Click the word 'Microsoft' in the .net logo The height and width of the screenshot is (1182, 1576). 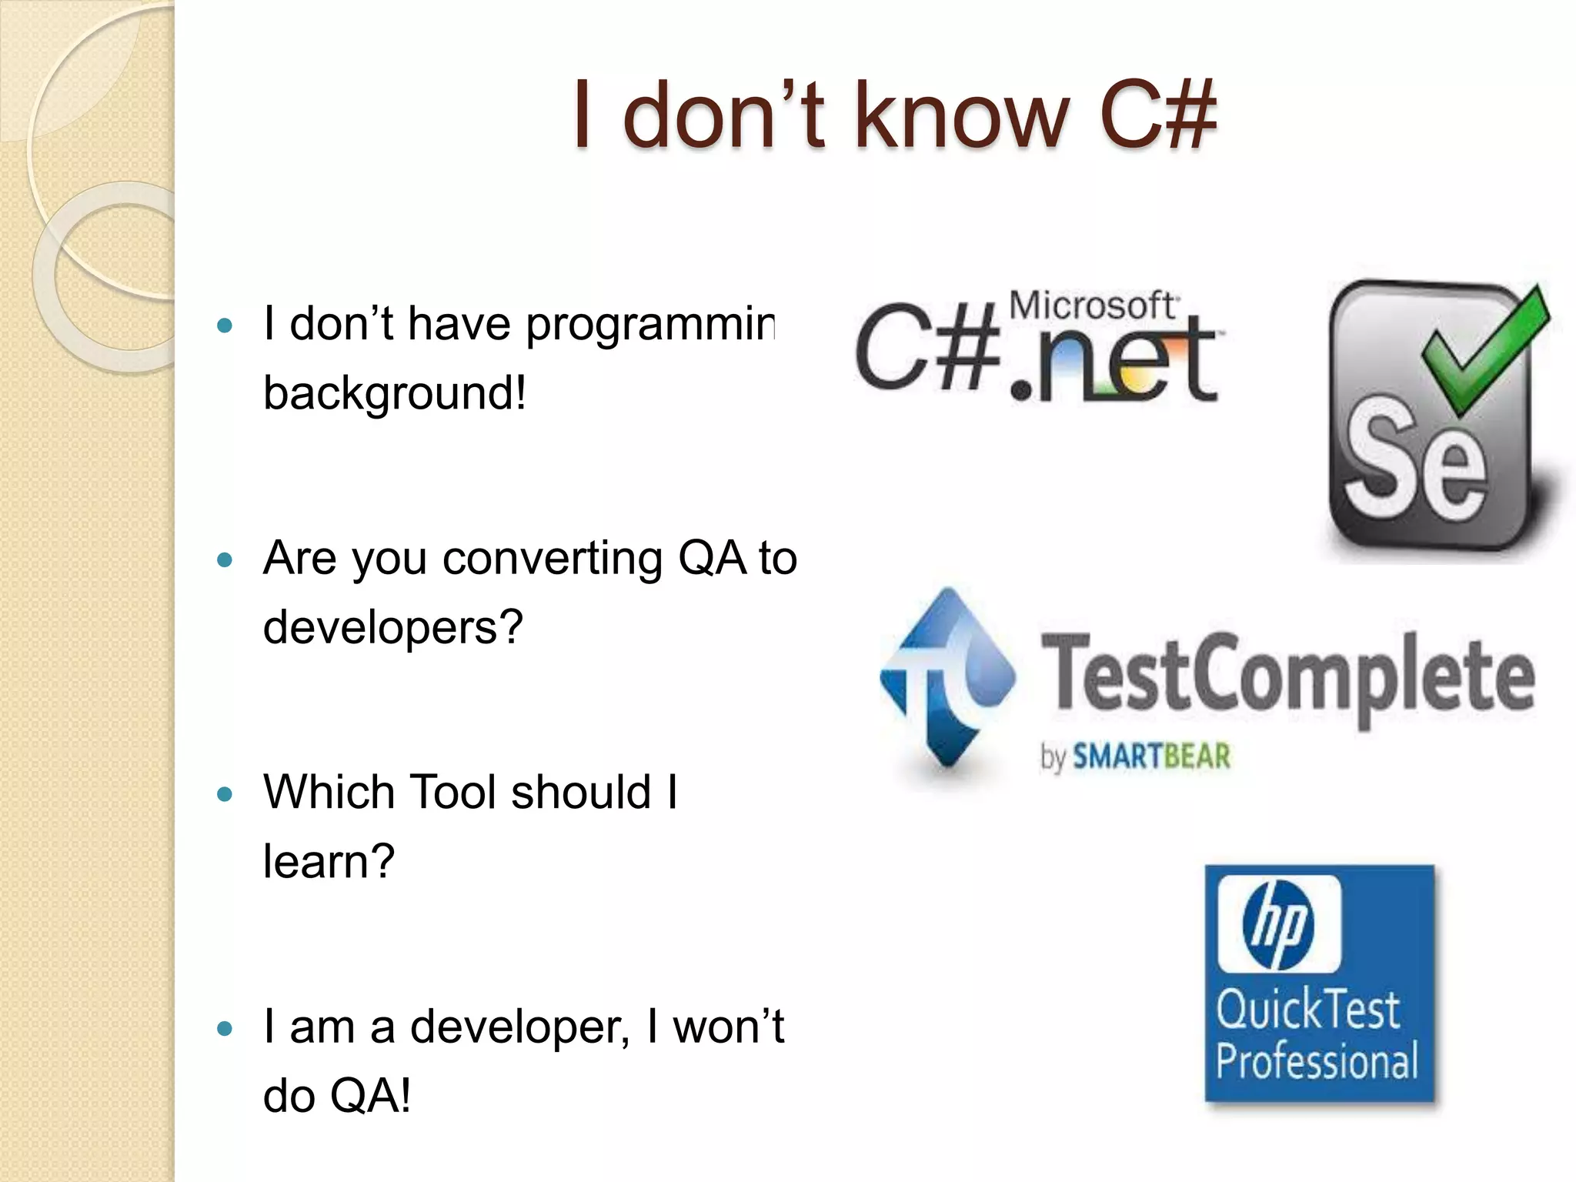tap(1092, 306)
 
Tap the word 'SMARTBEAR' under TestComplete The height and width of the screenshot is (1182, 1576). tap(1151, 757)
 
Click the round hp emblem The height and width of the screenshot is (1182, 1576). tap(1279, 924)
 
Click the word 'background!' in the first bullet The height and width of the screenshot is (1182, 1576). tap(395, 393)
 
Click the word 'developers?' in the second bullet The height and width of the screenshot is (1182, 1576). tap(393, 627)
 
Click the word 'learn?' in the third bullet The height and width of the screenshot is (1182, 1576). tap(329, 861)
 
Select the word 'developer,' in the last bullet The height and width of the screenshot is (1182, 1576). tap(519, 1027)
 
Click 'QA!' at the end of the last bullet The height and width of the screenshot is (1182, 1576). tap(369, 1096)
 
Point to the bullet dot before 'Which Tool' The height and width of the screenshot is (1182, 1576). tap(225, 794)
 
